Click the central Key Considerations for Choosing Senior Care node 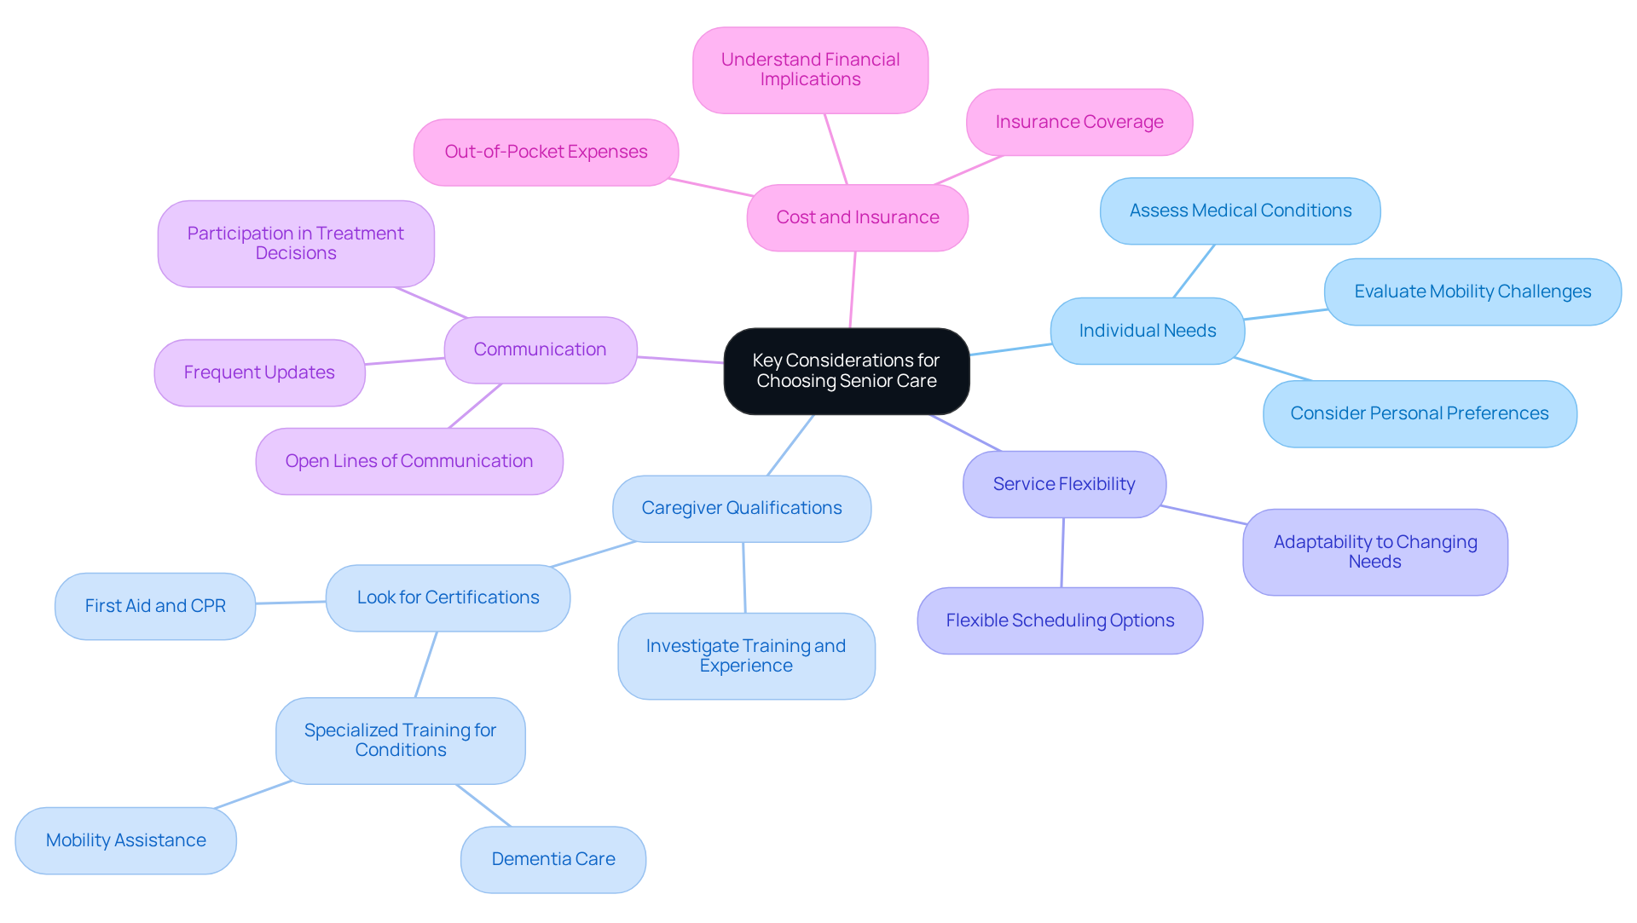pyautogui.click(x=846, y=371)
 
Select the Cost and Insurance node pyautogui.click(x=857, y=217)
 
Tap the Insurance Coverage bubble pyautogui.click(x=1079, y=122)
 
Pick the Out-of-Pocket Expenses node pyautogui.click(x=546, y=152)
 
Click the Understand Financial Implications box pyautogui.click(x=810, y=70)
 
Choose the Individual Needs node pyautogui.click(x=1147, y=331)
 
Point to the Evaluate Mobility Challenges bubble pyautogui.click(x=1472, y=291)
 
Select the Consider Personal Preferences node pyautogui.click(x=1419, y=413)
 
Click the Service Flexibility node pyautogui.click(x=1063, y=484)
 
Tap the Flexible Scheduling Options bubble pyautogui.click(x=1059, y=620)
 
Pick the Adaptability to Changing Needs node pyautogui.click(x=1374, y=551)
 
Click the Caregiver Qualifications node pyautogui.click(x=741, y=508)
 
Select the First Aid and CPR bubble pyautogui.click(x=155, y=606)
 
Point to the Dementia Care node pyautogui.click(x=552, y=859)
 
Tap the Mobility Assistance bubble pyautogui.click(x=125, y=840)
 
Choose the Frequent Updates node pyautogui.click(x=259, y=372)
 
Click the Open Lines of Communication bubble pyautogui.click(x=408, y=461)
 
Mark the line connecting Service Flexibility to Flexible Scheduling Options pyautogui.click(x=1062, y=552)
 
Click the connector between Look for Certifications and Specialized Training pyautogui.click(x=425, y=665)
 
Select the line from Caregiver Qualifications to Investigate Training pyautogui.click(x=743, y=578)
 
